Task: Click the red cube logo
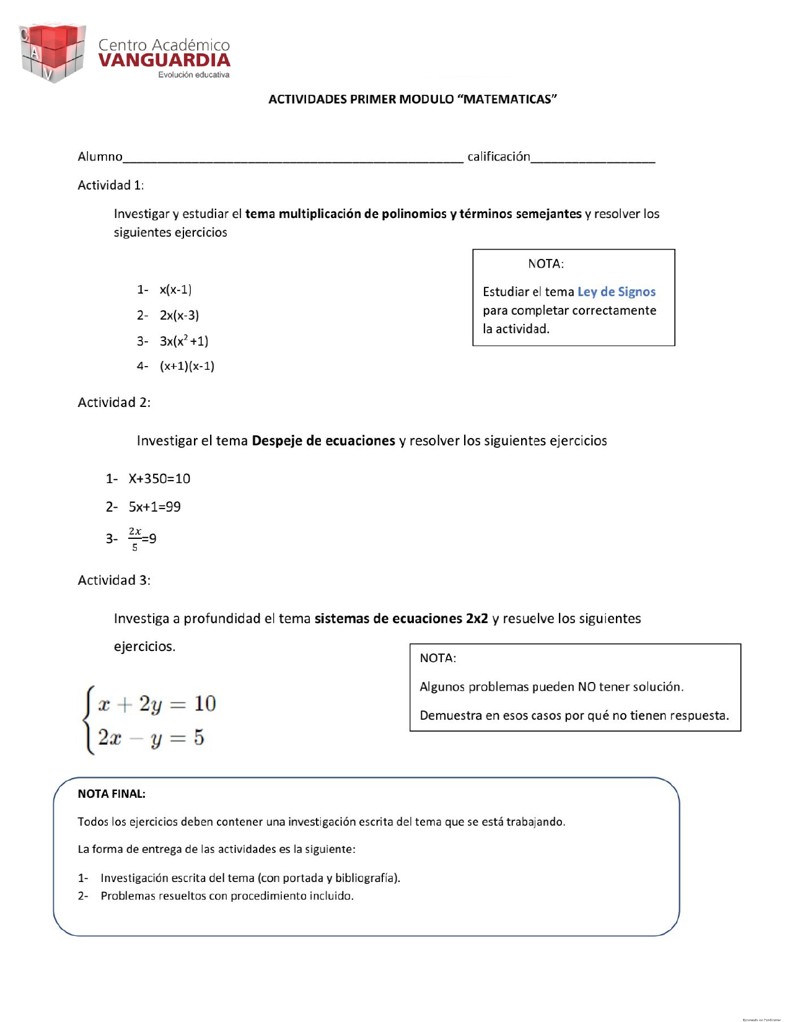point(52,53)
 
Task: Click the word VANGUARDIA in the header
point(164,61)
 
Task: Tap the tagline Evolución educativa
point(193,75)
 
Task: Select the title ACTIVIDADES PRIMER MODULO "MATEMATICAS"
point(413,99)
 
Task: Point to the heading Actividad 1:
point(110,185)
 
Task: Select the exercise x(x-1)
point(175,289)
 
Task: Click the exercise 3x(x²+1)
point(183,341)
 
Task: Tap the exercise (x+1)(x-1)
point(187,366)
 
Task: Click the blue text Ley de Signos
point(616,292)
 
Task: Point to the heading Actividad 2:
point(114,403)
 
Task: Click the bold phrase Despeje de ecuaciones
point(323,441)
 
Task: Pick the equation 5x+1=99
point(154,507)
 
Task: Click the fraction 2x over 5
point(135,539)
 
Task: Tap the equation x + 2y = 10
point(157,704)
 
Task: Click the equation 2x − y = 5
point(151,738)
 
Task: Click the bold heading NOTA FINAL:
point(112,794)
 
